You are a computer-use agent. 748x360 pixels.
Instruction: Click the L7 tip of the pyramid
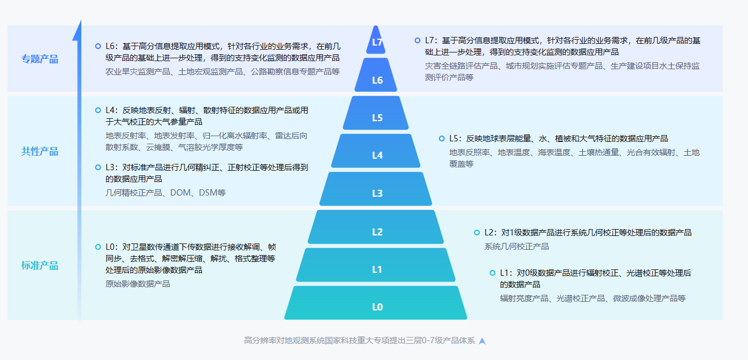(x=376, y=42)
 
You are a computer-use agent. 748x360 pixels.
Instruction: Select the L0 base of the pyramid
(x=376, y=303)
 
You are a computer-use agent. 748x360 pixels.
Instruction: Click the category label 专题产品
(x=40, y=59)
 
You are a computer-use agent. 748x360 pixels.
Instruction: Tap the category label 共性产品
(x=40, y=151)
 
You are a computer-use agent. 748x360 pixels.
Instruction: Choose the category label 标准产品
(x=40, y=265)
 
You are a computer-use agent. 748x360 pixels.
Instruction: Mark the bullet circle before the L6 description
(x=98, y=46)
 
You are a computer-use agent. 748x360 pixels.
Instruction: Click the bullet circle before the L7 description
(x=418, y=40)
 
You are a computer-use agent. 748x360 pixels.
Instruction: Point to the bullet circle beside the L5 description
(x=442, y=138)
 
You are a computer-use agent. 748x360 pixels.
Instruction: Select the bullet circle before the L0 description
(x=98, y=247)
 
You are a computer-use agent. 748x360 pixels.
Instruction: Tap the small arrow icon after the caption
(x=483, y=341)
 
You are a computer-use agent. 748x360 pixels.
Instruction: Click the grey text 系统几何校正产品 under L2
(x=517, y=246)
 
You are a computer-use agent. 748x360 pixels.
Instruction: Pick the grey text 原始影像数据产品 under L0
(x=138, y=284)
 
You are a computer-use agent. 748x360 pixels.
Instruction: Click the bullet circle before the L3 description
(x=98, y=167)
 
